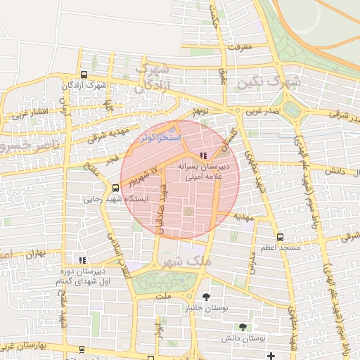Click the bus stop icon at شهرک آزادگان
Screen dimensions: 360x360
[x=84, y=75]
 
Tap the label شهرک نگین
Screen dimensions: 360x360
[x=269, y=82]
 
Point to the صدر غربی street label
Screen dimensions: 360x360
[x=262, y=111]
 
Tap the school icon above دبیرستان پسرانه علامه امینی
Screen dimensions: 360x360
[x=203, y=155]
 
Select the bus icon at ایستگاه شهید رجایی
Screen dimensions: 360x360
[x=115, y=188]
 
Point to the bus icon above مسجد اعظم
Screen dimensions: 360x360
[x=281, y=237]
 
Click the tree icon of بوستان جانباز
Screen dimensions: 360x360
[x=205, y=297]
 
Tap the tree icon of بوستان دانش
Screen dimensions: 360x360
[x=243, y=327]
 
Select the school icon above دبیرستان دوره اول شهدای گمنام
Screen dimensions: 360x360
[x=83, y=260]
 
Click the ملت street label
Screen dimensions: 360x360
[x=165, y=298]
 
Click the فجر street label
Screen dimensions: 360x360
[x=112, y=161]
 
